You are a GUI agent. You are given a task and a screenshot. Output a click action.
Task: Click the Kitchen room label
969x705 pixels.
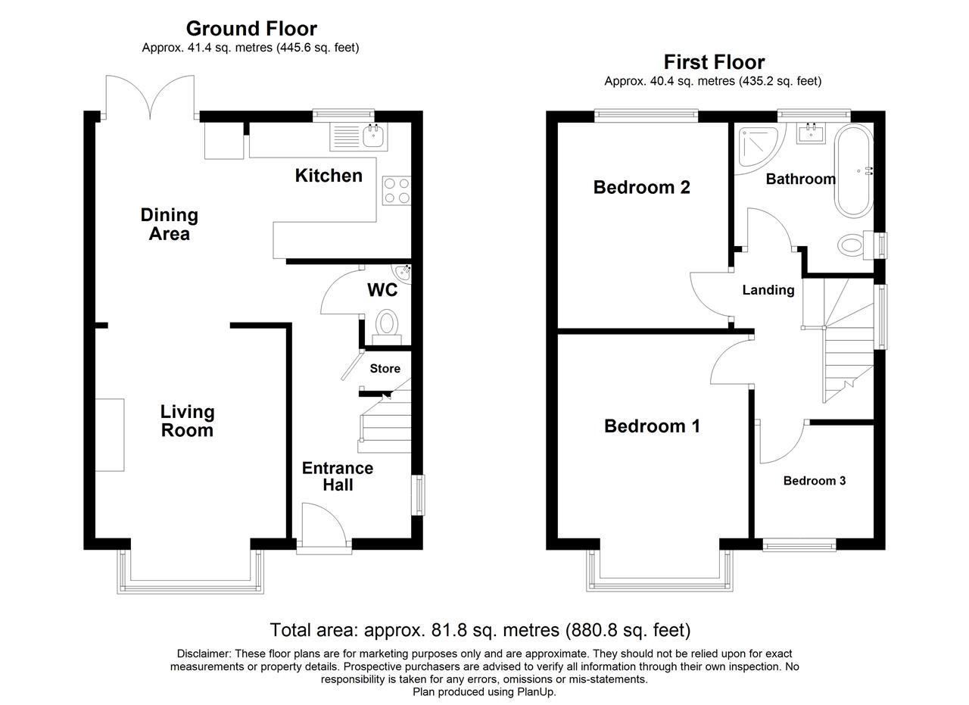329,176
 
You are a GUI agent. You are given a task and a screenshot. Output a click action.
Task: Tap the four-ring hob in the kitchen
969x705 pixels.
396,190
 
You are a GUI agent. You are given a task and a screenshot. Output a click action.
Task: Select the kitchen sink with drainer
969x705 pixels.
359,137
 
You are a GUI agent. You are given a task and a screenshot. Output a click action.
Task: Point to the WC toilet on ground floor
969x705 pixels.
386,326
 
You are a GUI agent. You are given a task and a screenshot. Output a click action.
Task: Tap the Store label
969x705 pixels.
385,369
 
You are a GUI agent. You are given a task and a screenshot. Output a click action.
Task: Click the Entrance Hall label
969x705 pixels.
338,476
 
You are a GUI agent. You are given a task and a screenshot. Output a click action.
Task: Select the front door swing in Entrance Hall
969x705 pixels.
325,524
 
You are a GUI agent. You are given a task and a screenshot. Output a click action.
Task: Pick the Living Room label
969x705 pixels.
187,421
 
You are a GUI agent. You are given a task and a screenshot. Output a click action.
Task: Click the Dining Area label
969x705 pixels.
170,224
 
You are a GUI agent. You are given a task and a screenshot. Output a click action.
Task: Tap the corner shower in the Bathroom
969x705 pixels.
761,148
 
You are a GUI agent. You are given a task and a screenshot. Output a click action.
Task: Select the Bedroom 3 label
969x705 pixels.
815,481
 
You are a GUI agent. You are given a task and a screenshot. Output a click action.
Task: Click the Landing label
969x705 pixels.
768,290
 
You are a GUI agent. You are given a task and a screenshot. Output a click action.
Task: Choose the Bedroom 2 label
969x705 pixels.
641,187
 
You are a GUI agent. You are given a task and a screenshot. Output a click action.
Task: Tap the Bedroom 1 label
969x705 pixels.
652,426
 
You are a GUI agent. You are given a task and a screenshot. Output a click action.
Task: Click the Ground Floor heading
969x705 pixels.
251,29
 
